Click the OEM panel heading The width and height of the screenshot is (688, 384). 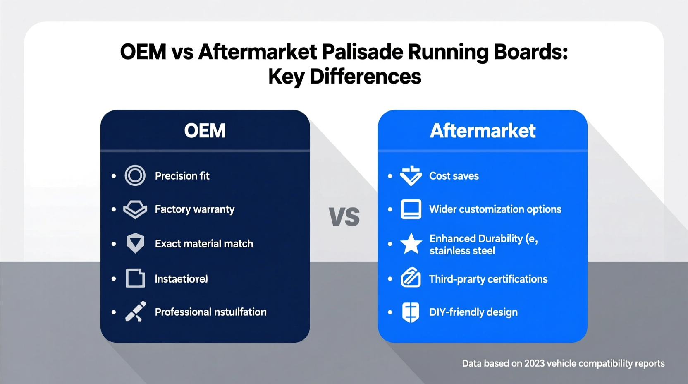pyautogui.click(x=205, y=131)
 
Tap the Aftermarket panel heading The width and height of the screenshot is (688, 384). pyautogui.click(x=483, y=131)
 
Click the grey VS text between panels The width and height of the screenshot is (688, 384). pyautogui.click(x=344, y=216)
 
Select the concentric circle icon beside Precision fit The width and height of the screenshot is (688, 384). pyautogui.click(x=135, y=175)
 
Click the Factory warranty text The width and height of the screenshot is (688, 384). pyautogui.click(x=194, y=209)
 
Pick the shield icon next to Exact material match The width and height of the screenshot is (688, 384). pyautogui.click(x=135, y=243)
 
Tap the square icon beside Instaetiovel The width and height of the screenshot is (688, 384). pyautogui.click(x=135, y=278)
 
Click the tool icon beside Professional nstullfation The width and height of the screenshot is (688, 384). pyautogui.click(x=136, y=312)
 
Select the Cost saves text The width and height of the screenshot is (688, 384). pyautogui.click(x=454, y=176)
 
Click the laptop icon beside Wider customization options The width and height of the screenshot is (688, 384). pyautogui.click(x=411, y=209)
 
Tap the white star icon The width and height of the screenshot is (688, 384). pyautogui.click(x=411, y=244)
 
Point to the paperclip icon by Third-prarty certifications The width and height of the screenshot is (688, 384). pyautogui.click(x=411, y=278)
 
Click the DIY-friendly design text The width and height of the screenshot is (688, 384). pyautogui.click(x=473, y=312)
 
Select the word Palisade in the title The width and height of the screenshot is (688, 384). pyautogui.click(x=362, y=52)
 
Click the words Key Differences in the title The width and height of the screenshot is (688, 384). pyautogui.click(x=344, y=77)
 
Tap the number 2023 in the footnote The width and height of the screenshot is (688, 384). pyautogui.click(x=535, y=363)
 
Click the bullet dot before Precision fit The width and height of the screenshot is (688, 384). pyautogui.click(x=114, y=176)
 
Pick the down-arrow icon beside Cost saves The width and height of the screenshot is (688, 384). pyautogui.click(x=411, y=176)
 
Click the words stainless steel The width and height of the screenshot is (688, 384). pyautogui.click(x=462, y=251)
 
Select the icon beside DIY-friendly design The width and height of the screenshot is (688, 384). pyautogui.click(x=411, y=312)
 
